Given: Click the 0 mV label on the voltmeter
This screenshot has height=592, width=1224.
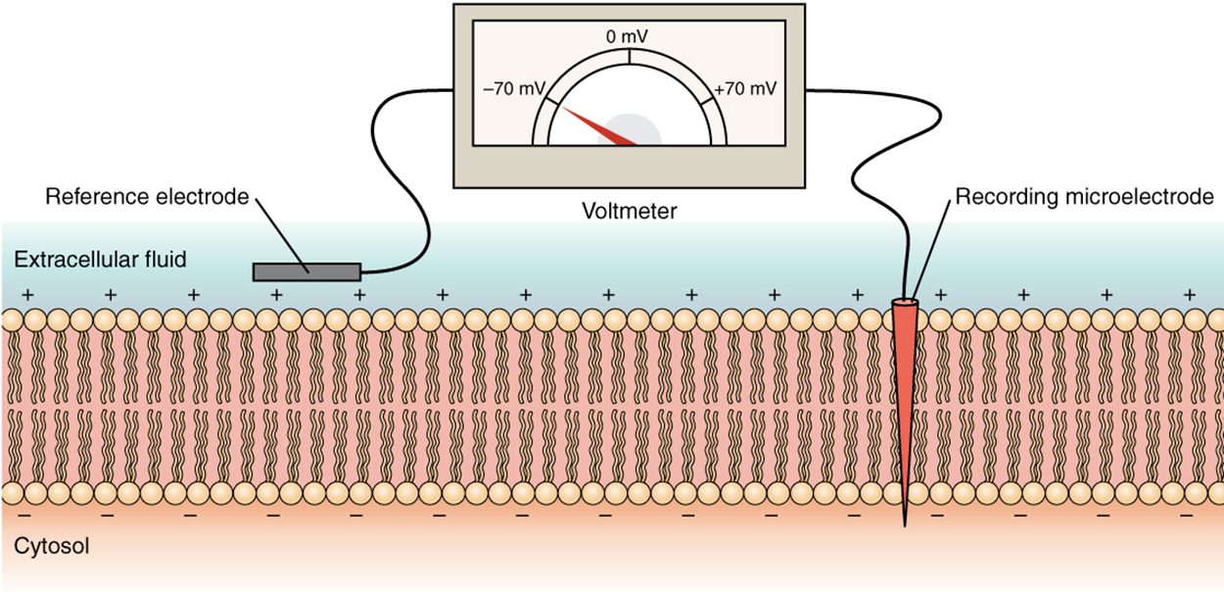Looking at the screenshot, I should click(x=628, y=37).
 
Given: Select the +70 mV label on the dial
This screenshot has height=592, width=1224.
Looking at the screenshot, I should click(x=745, y=88).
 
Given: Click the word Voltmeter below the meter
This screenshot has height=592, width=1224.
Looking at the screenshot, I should click(x=628, y=210).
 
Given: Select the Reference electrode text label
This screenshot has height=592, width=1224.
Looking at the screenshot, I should click(x=147, y=197).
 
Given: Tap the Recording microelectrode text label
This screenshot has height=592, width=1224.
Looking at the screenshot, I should click(x=1084, y=197).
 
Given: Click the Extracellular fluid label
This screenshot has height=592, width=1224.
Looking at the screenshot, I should click(x=100, y=260).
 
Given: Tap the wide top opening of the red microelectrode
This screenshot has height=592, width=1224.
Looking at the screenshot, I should click(x=906, y=303).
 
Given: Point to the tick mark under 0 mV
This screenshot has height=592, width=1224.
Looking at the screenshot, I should click(x=629, y=57).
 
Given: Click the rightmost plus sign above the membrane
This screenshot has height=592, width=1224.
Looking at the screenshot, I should click(x=1190, y=293).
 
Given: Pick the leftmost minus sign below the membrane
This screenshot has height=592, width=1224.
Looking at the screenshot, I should click(x=24, y=514).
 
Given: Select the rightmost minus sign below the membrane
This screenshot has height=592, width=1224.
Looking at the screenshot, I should click(x=1187, y=514).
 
